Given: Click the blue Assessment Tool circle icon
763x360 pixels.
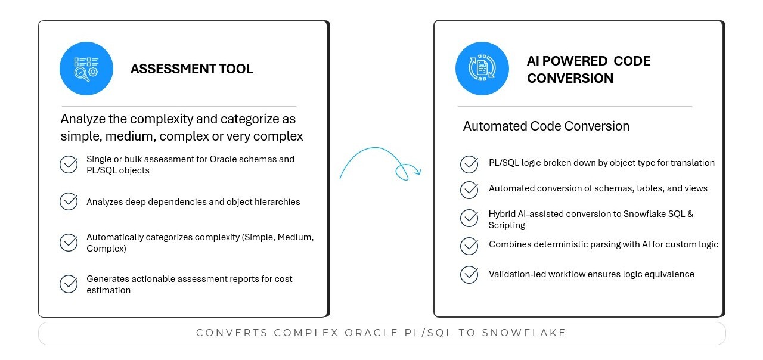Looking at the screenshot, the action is [86, 69].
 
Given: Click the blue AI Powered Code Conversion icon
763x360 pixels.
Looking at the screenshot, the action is [482, 69].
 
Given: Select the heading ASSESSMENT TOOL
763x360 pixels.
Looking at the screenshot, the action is [191, 69].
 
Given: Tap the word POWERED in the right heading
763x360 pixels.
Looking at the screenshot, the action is [575, 61].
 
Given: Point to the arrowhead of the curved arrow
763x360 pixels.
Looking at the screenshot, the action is [418, 172].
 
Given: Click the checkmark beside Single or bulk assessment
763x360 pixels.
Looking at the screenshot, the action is [69, 165].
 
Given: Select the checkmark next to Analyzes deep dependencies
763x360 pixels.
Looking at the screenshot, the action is [69, 201].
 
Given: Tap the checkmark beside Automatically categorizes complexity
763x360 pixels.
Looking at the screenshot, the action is [69, 243].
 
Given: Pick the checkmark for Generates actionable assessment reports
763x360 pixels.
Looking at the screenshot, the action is [69, 284].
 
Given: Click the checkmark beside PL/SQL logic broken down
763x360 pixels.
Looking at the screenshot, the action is [469, 164].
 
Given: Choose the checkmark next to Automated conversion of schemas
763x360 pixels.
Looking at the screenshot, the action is [469, 190].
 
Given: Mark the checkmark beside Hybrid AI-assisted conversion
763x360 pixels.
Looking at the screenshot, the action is [469, 218].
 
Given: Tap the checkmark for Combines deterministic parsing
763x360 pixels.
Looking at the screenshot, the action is [469, 246].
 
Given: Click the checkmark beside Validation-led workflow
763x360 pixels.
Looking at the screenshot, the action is [469, 275].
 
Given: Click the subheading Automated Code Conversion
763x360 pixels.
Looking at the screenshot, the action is [546, 126].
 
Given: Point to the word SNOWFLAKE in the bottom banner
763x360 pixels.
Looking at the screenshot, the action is [524, 333].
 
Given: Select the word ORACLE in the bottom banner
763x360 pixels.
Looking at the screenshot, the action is [371, 333].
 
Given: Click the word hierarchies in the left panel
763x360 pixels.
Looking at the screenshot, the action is [277, 202].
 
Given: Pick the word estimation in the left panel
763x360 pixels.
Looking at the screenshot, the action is [108, 290].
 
